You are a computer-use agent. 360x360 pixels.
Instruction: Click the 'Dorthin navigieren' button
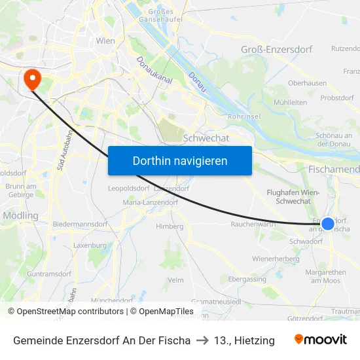click(x=180, y=161)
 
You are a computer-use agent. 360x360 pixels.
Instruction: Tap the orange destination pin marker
click(x=31, y=79)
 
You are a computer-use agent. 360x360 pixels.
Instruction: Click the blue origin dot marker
click(x=328, y=223)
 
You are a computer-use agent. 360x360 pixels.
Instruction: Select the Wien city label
click(x=105, y=41)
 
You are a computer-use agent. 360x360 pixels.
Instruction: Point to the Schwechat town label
click(x=206, y=138)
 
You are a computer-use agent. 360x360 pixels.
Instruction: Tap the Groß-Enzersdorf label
click(x=277, y=50)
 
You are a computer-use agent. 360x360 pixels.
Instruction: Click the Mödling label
click(x=20, y=215)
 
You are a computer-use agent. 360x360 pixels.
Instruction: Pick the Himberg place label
click(x=170, y=226)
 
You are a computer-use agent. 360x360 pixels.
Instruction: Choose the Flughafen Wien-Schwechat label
click(x=293, y=197)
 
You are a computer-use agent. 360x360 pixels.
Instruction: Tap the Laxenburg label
click(x=90, y=245)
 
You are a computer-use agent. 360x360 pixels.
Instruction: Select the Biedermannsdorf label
click(x=80, y=224)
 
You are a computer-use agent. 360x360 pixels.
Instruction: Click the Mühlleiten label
click(x=291, y=103)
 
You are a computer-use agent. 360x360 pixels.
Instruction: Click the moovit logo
click(x=321, y=340)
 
